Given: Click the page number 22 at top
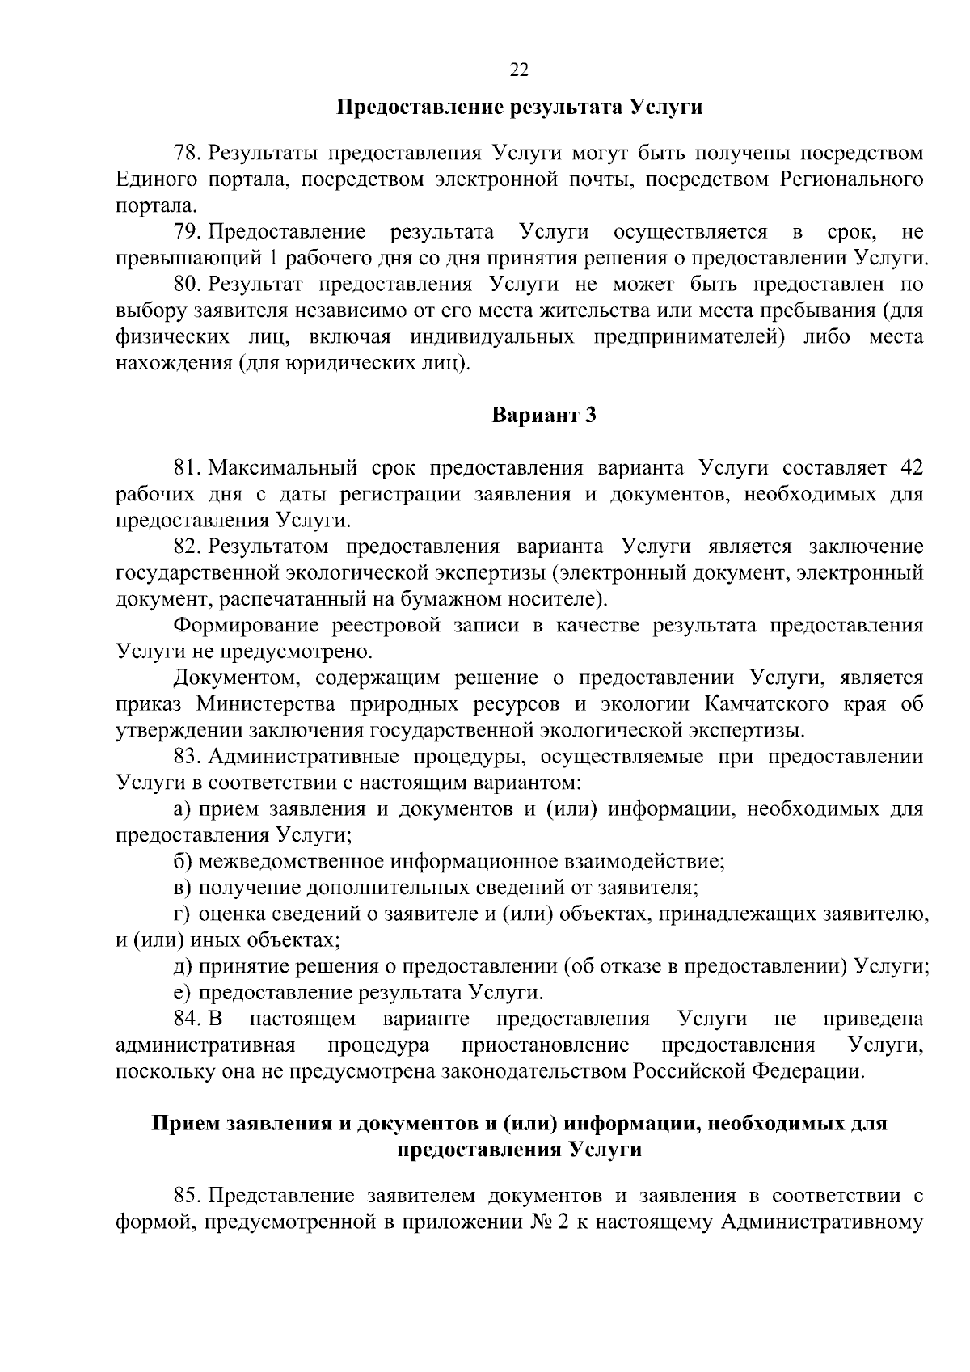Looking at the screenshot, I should pos(519,71).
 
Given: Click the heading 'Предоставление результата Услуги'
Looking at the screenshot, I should pos(519,108).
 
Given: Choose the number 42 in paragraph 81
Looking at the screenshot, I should pos(910,468).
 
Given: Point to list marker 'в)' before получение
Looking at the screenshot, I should pos(183,888).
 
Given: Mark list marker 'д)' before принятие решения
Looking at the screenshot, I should pos(183,966).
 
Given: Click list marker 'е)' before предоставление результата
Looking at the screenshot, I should pos(183,993).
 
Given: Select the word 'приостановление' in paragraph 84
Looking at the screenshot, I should pos(546,1045).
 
